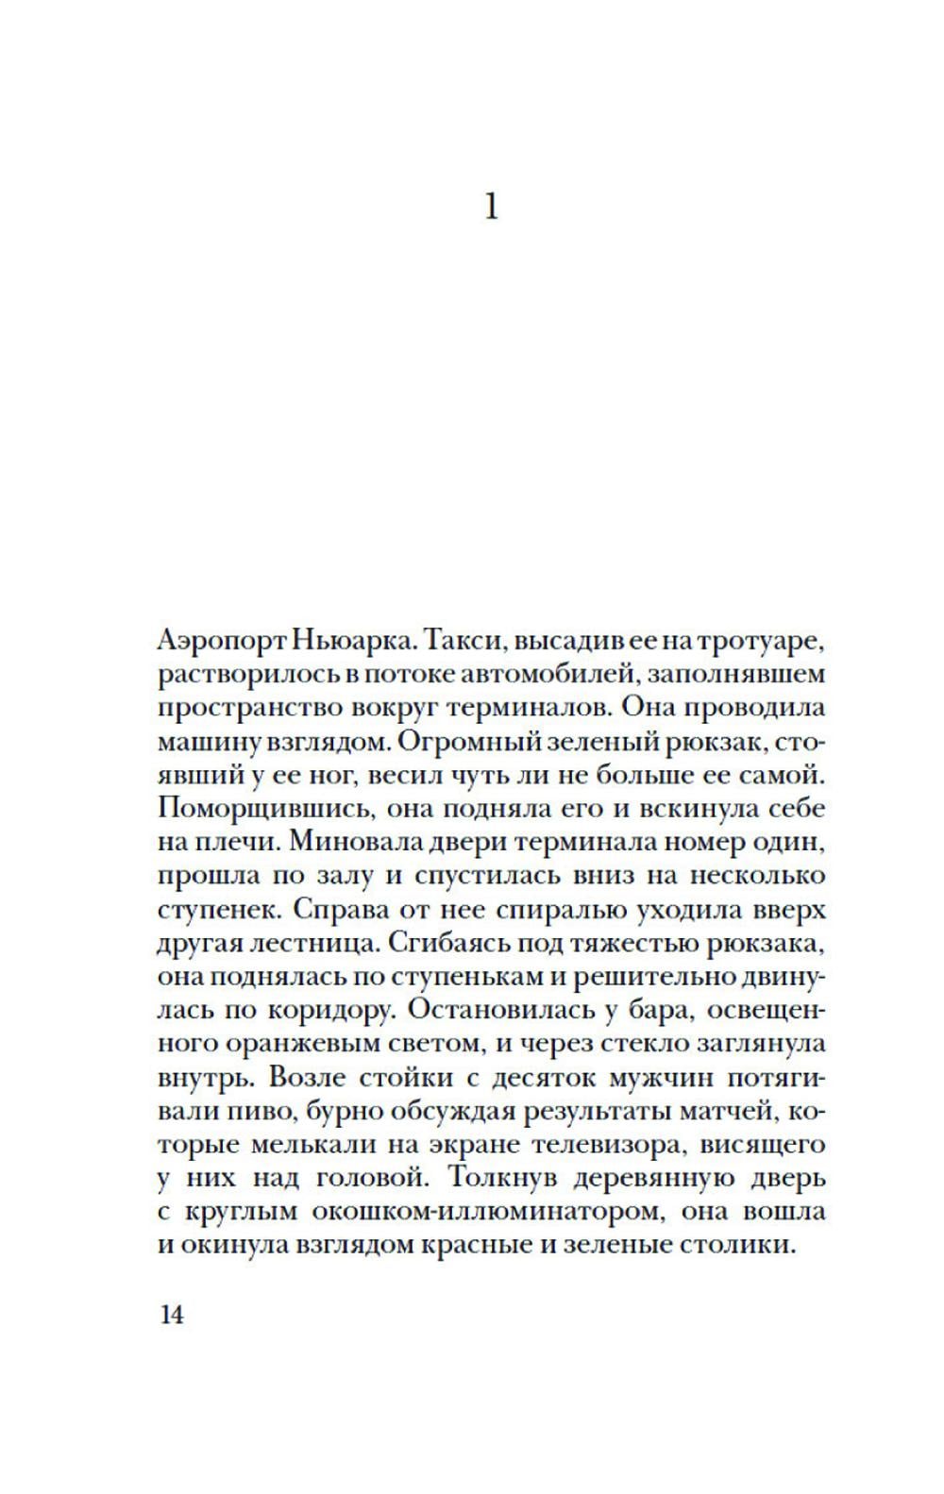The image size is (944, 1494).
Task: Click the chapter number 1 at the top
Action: [x=490, y=206]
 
